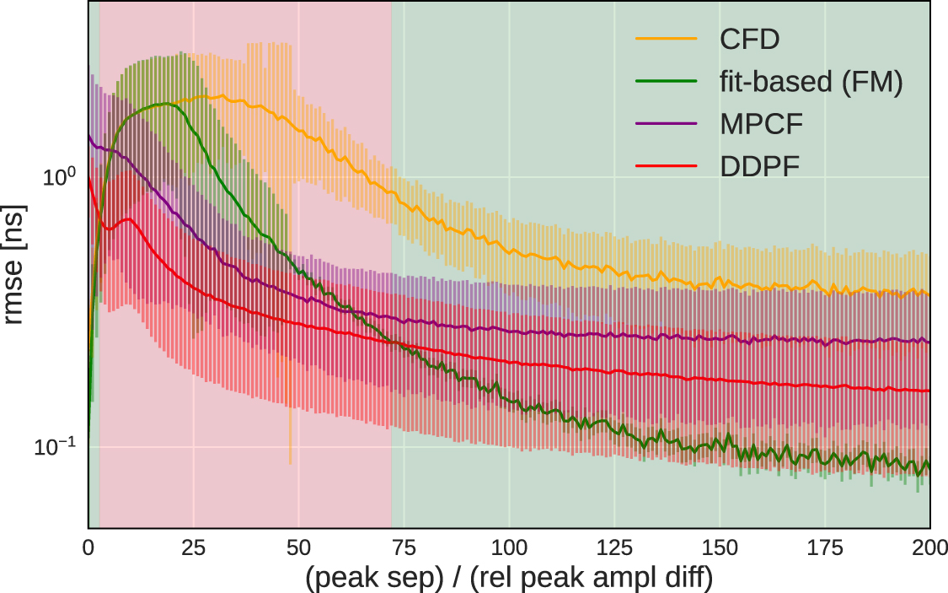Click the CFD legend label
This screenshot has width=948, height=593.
[750, 39]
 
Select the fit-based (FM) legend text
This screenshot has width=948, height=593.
[811, 82]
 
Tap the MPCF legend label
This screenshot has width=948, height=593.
[761, 124]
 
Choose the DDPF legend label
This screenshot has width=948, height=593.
[759, 167]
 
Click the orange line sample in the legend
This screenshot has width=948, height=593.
[667, 39]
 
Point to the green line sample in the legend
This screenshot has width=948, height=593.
[667, 82]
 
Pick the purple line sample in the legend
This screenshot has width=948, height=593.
[667, 124]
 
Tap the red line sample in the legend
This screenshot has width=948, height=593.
[667, 167]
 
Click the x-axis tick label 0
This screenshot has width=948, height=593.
[88, 547]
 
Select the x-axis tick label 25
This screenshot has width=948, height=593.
[193, 547]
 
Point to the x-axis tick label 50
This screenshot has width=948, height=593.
[298, 547]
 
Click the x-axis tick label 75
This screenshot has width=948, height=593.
[404, 547]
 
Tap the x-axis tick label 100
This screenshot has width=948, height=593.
[509, 547]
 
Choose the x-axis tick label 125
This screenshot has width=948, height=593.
[614, 547]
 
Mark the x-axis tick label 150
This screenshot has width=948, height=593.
[720, 547]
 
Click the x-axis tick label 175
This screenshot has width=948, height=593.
[825, 547]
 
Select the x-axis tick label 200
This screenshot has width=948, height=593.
[929, 547]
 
